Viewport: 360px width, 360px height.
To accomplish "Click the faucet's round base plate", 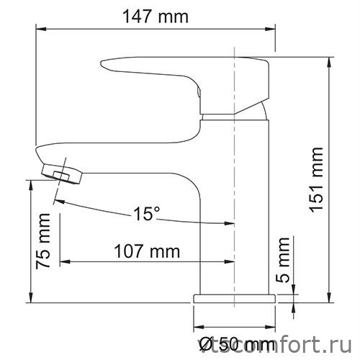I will tap(234, 297).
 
